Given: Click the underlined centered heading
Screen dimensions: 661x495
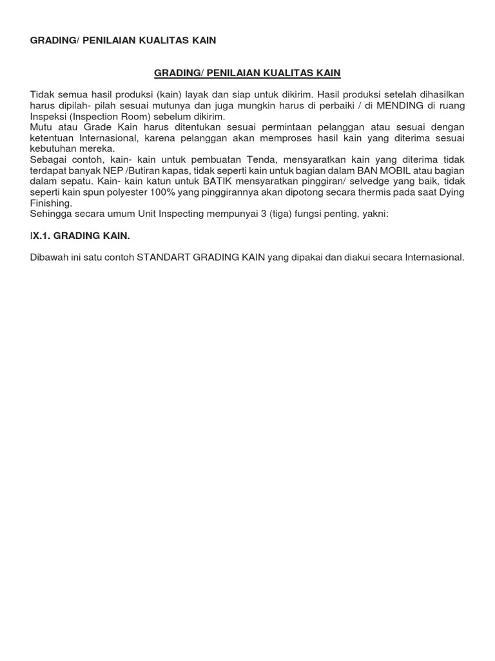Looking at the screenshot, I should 247,73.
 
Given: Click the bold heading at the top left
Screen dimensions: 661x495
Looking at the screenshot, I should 123,40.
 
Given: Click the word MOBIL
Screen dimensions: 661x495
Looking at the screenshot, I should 374,170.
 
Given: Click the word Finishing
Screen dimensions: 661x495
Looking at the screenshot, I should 51,203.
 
